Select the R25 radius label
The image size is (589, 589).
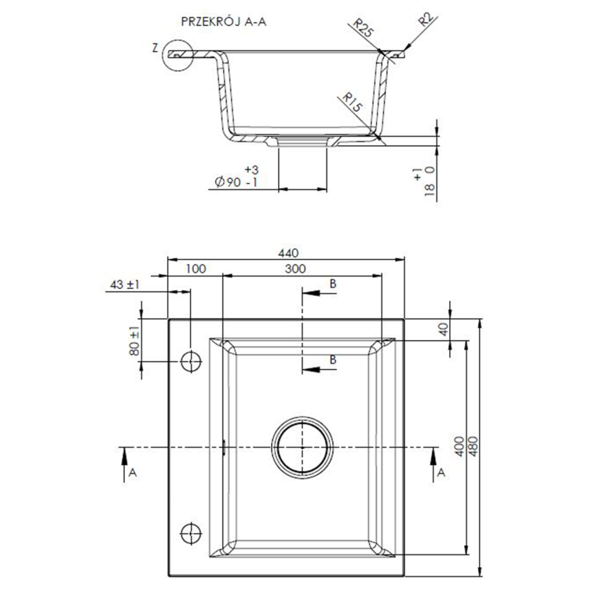pos(363,30)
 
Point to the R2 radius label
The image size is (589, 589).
pos(424,20)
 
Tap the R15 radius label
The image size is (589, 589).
pos(349,103)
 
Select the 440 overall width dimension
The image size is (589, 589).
pos(288,253)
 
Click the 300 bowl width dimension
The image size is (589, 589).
pos(295,269)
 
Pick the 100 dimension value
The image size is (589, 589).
pos(196,269)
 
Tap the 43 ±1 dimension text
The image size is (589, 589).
pos(125,285)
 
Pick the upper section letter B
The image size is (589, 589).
pos(333,283)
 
